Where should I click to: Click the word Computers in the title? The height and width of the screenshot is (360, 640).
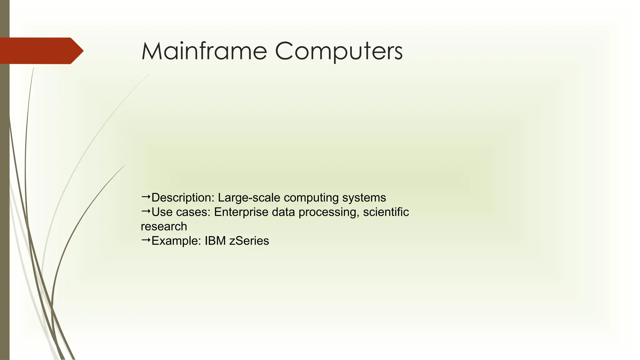coord(339,52)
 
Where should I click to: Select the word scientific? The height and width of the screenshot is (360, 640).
coord(386,212)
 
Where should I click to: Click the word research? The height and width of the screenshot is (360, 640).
coord(164,227)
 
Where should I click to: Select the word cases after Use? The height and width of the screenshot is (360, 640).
coord(193,212)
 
